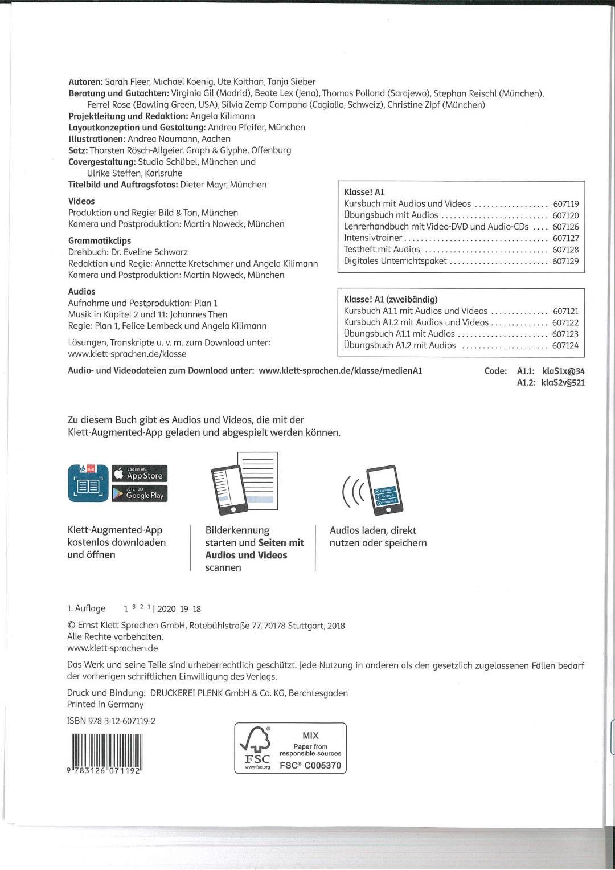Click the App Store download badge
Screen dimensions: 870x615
click(140, 473)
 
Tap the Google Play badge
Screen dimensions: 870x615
click(140, 494)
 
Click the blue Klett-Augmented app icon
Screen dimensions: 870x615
click(88, 483)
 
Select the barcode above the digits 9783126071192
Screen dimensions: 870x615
click(106, 749)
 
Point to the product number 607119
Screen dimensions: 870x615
click(565, 204)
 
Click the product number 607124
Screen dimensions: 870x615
click(565, 345)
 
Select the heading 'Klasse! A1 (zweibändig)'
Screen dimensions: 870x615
click(391, 299)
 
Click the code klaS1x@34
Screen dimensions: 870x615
click(563, 371)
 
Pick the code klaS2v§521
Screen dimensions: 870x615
click(563, 382)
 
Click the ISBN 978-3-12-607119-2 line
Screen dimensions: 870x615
click(111, 721)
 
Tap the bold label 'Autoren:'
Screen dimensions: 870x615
click(85, 81)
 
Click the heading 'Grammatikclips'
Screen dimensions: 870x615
click(100, 240)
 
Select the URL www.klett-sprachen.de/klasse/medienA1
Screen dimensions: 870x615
click(340, 370)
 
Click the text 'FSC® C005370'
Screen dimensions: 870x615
click(310, 765)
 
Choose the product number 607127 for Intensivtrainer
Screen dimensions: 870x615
click(565, 238)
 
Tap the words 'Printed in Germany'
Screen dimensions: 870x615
click(105, 704)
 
